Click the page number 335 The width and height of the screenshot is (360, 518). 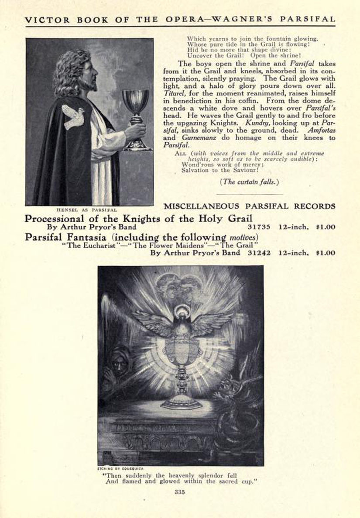[x=180, y=492]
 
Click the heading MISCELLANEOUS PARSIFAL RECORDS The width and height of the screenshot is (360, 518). [x=249, y=206]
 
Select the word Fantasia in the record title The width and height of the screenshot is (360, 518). [x=86, y=237]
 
